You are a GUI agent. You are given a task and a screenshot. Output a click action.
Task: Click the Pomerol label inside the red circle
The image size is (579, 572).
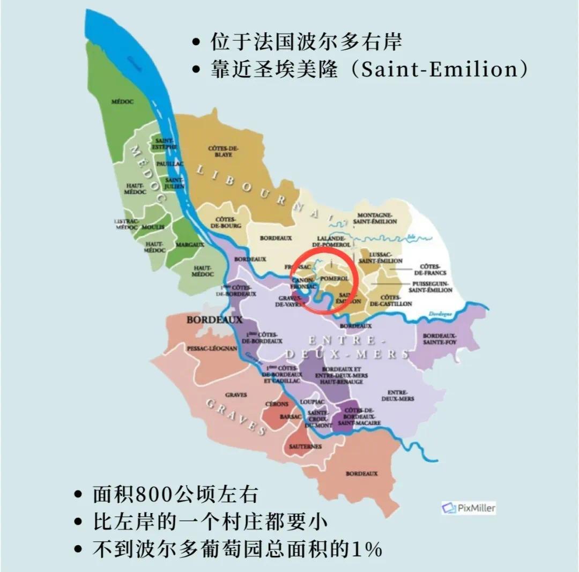coord(335,279)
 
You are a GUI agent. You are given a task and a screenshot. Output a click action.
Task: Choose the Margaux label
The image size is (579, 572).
coord(190,244)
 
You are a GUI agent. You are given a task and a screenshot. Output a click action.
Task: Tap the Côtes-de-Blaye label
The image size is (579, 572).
coord(224,151)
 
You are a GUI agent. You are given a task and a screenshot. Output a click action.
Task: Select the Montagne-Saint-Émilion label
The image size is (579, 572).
coord(375,218)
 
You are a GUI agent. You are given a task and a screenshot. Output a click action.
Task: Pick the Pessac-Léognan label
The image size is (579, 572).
coord(204,348)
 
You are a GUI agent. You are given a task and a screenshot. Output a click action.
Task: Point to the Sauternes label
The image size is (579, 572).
coord(305,446)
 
